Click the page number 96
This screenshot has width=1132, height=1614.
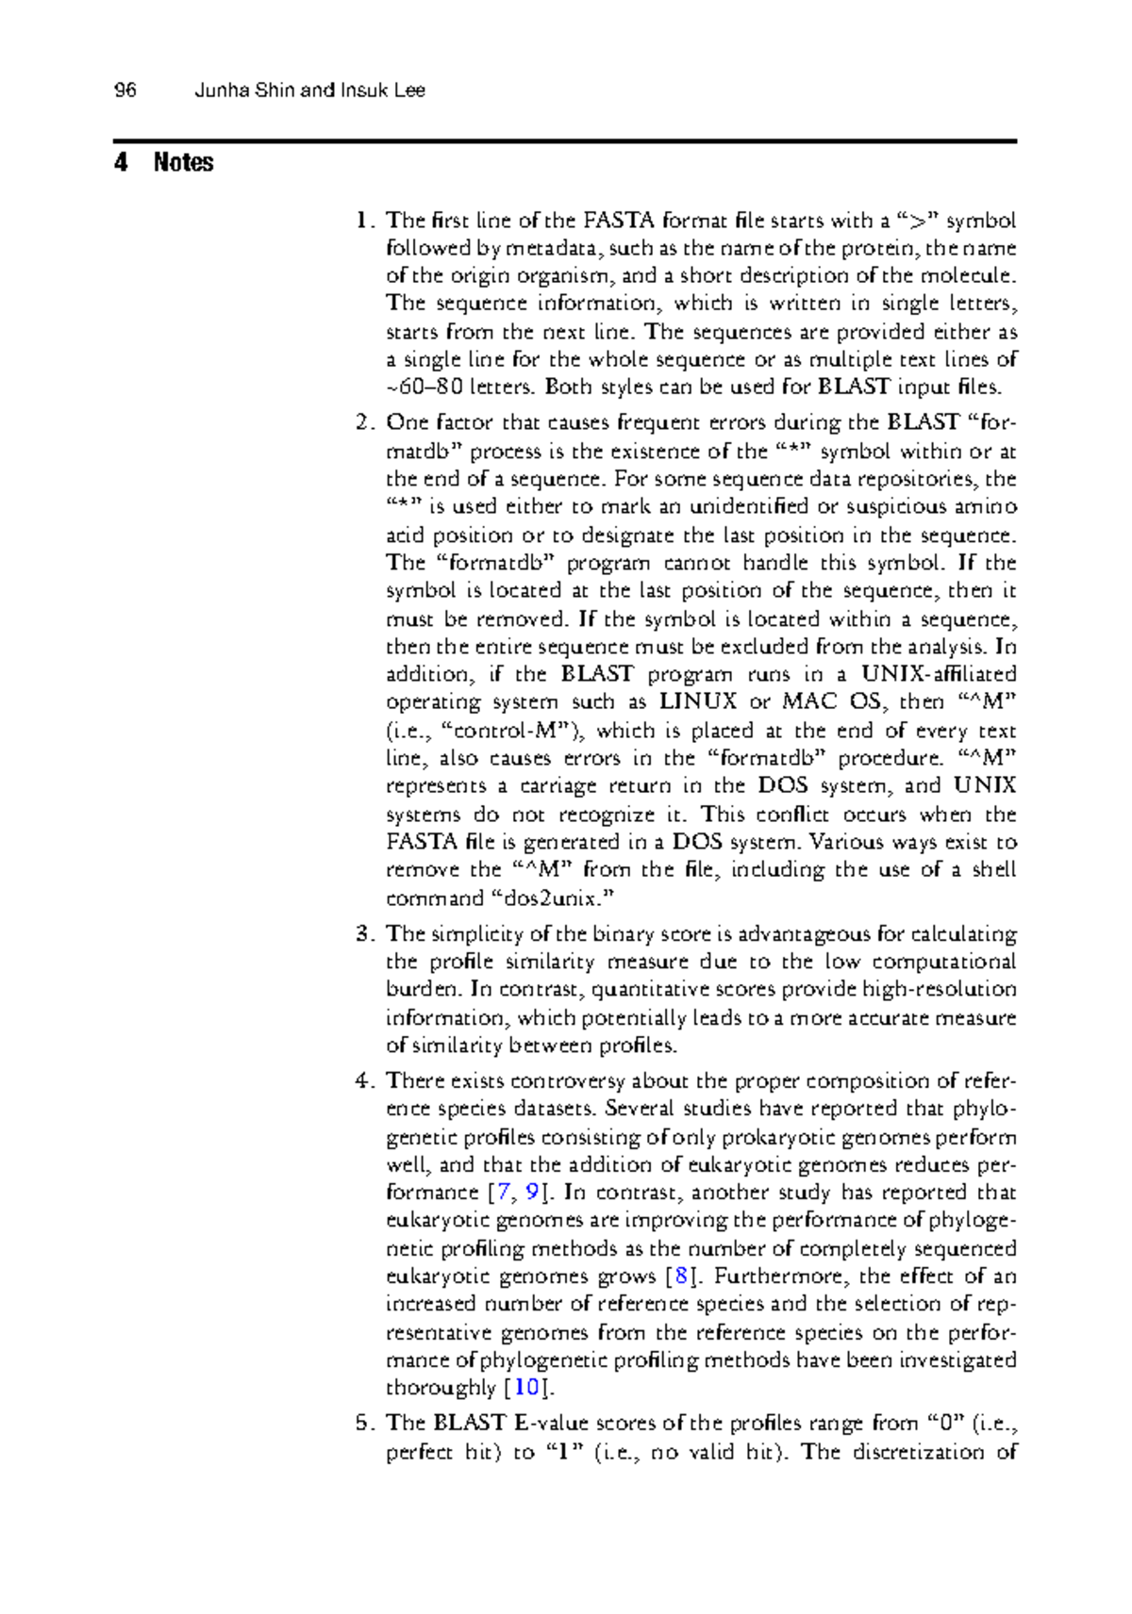(125, 91)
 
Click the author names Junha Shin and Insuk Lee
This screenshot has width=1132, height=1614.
(309, 91)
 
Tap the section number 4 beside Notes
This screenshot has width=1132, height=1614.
(120, 162)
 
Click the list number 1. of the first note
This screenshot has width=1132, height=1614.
(366, 221)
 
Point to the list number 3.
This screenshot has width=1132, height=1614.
(366, 934)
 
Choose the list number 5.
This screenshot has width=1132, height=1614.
(366, 1423)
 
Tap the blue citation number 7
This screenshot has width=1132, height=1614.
(507, 1193)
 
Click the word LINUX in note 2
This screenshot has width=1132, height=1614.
(698, 701)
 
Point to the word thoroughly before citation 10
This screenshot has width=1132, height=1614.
(441, 1388)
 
